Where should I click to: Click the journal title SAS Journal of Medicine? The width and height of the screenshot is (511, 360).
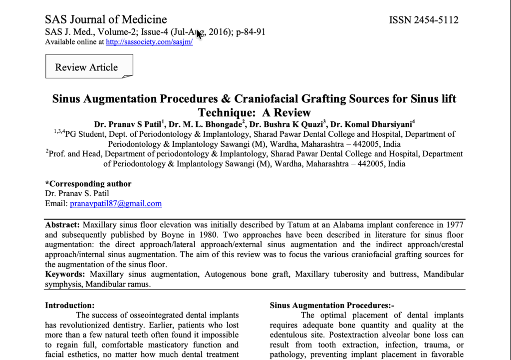click(106, 19)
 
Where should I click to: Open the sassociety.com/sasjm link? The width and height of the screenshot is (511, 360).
click(149, 42)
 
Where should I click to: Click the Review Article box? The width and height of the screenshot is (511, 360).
click(87, 67)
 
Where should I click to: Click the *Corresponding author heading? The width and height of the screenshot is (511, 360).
click(88, 184)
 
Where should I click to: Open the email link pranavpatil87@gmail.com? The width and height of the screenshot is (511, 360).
click(116, 204)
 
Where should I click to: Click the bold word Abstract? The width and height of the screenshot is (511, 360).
click(62, 224)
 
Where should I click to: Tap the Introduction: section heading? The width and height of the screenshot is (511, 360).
click(69, 305)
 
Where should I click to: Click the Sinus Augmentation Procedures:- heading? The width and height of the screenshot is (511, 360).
click(332, 305)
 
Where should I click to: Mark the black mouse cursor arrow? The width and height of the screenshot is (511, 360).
click(199, 34)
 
